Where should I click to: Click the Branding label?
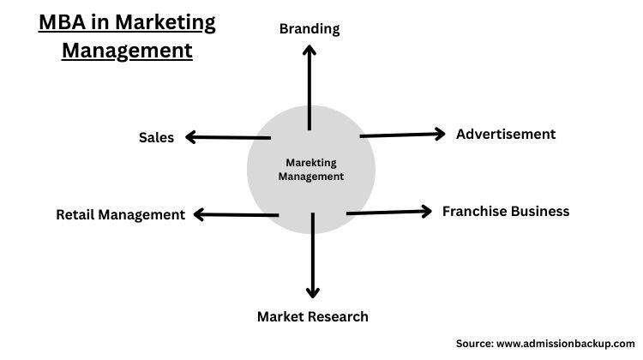pyautogui.click(x=309, y=28)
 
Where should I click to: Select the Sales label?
pyautogui.click(x=156, y=137)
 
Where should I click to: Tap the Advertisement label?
pyautogui.click(x=506, y=134)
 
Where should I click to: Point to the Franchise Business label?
pyautogui.click(x=506, y=211)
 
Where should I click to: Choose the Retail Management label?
pyautogui.click(x=120, y=214)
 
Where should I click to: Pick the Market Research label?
pyautogui.click(x=313, y=316)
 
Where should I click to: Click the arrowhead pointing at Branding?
pyautogui.click(x=309, y=51)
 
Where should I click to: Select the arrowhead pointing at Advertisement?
pyautogui.click(x=439, y=133)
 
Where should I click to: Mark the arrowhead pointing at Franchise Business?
pyautogui.click(x=427, y=211)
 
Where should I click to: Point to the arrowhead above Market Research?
pyautogui.click(x=313, y=291)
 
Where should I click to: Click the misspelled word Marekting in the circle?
pyautogui.click(x=311, y=163)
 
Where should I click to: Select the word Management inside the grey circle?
pyautogui.click(x=311, y=177)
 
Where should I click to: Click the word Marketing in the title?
pyautogui.click(x=166, y=21)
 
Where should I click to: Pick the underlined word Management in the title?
pyautogui.click(x=127, y=50)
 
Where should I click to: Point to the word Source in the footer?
pyautogui.click(x=474, y=343)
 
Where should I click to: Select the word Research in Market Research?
pyautogui.click(x=340, y=316)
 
